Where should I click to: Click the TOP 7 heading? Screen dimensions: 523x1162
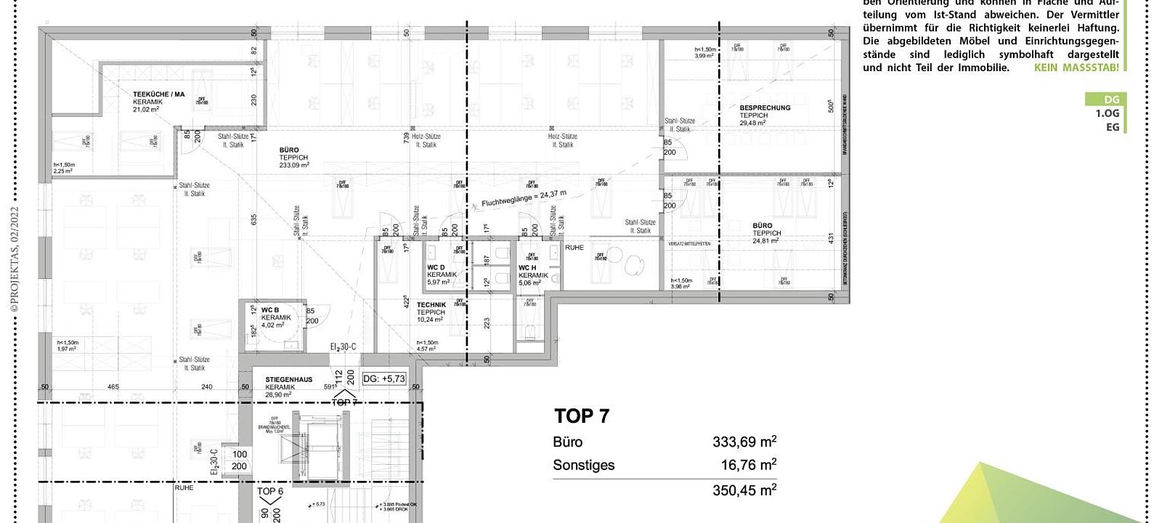pyautogui.click(x=582, y=416)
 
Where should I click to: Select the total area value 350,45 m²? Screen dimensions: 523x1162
pyautogui.click(x=744, y=490)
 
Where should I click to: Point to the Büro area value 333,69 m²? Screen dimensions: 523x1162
pyautogui.click(x=744, y=442)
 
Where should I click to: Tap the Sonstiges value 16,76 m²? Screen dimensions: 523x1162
pyautogui.click(x=747, y=465)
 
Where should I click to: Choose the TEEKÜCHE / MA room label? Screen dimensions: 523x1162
pyautogui.click(x=158, y=94)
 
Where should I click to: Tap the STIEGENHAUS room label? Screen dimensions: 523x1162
pyautogui.click(x=289, y=380)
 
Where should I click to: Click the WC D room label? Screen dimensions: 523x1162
pyautogui.click(x=436, y=267)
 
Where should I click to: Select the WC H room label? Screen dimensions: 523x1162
pyautogui.click(x=527, y=267)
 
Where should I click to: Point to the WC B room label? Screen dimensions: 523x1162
pyautogui.click(x=270, y=310)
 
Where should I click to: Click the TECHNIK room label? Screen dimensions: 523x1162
pyautogui.click(x=431, y=305)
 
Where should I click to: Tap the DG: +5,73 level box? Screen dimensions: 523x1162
pyautogui.click(x=383, y=378)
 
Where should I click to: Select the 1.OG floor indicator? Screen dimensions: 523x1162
pyautogui.click(x=1108, y=113)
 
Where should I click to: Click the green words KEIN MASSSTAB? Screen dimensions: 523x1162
pyautogui.click(x=1076, y=68)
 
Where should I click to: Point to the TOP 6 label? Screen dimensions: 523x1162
pyautogui.click(x=270, y=492)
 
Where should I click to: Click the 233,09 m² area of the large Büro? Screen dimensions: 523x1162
pyautogui.click(x=294, y=165)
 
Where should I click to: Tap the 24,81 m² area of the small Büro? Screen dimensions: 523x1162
pyautogui.click(x=765, y=240)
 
